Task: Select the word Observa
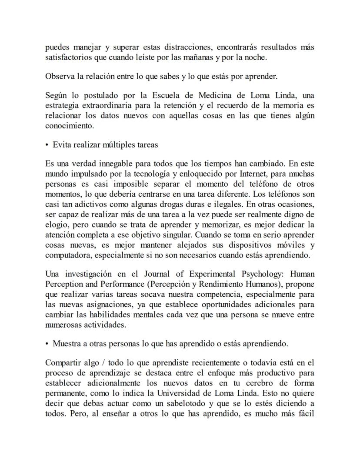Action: pos(59,76)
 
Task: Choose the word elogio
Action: pos(57,225)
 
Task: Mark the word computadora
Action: pos(67,255)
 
